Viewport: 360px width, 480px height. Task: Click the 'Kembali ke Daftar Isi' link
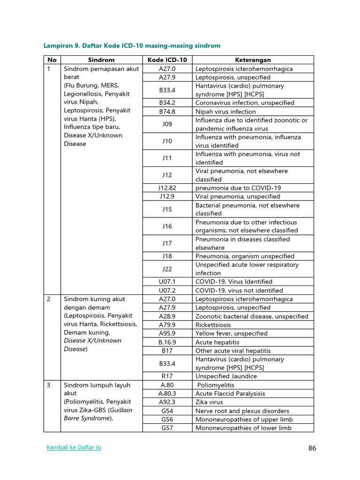(x=74, y=447)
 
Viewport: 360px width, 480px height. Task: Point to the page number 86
(x=312, y=448)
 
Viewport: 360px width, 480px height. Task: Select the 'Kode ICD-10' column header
(x=167, y=60)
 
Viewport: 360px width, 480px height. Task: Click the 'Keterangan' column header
(x=253, y=60)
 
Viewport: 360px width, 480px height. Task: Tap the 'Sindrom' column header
(x=101, y=60)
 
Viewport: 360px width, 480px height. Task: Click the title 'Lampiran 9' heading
(x=132, y=45)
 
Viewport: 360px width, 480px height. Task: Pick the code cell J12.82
(x=167, y=188)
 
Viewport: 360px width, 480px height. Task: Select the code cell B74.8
(x=167, y=112)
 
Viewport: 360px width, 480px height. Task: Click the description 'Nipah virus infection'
(x=225, y=112)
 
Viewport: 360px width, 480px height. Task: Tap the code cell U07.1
(x=167, y=282)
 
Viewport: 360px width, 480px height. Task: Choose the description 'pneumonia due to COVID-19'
(x=238, y=188)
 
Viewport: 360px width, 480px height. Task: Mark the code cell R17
(x=167, y=376)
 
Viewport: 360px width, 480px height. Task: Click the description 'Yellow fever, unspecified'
(x=232, y=333)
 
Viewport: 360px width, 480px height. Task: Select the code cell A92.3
(x=167, y=402)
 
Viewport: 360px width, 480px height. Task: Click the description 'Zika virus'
(x=209, y=402)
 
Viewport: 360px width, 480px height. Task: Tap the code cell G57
(x=167, y=427)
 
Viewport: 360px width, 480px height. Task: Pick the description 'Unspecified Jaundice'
(x=226, y=376)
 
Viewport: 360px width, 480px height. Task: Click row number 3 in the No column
(x=49, y=385)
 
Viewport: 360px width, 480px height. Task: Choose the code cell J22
(x=167, y=269)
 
